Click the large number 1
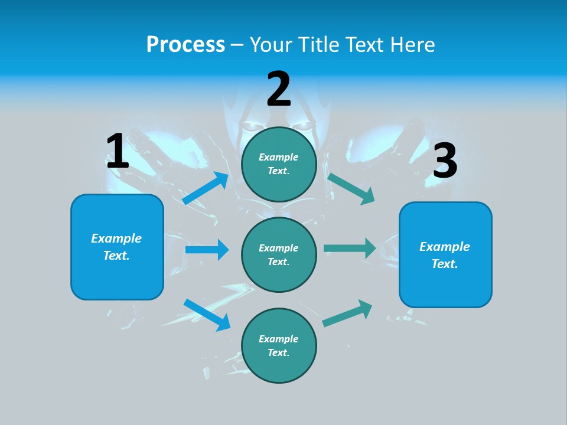(x=118, y=152)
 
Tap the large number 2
(x=279, y=89)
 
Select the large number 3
(x=445, y=161)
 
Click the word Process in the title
(x=185, y=44)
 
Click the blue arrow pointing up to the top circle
(x=206, y=188)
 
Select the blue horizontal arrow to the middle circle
(x=207, y=250)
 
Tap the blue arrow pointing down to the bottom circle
(x=207, y=315)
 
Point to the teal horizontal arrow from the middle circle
(x=350, y=248)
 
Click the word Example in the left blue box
(x=116, y=238)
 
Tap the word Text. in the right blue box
(x=445, y=264)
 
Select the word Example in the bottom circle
(x=279, y=339)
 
